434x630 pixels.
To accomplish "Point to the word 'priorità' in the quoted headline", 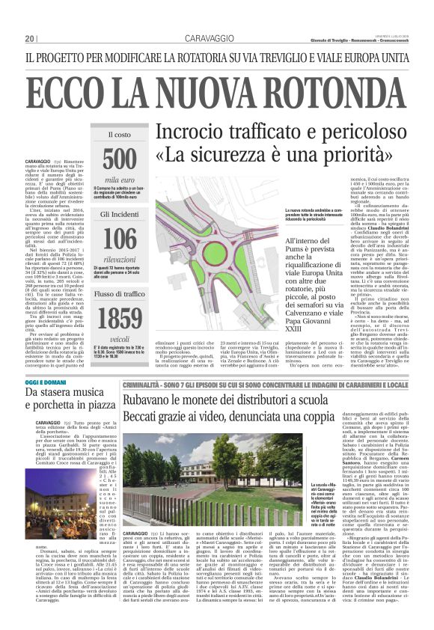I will [x=363, y=159].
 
